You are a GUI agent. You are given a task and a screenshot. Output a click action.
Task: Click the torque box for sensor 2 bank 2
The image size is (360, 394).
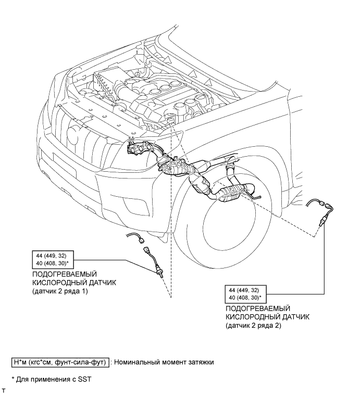click(x=245, y=294)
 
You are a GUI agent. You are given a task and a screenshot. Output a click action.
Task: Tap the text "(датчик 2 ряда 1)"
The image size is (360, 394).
click(x=60, y=291)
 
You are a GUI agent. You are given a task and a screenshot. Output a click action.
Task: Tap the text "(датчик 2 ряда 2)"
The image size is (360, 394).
click(x=253, y=326)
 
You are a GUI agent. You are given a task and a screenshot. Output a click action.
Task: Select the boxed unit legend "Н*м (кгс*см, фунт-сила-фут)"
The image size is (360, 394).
click(x=60, y=362)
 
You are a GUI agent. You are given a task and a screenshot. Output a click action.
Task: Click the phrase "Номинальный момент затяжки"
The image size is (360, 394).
click(x=165, y=362)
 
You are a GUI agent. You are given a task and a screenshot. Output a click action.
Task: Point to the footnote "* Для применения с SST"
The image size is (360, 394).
click(x=52, y=379)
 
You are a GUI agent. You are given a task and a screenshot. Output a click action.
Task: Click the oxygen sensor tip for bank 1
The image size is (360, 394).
click(x=162, y=275)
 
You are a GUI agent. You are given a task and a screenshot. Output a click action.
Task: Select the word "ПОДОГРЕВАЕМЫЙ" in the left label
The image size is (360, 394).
click(x=65, y=274)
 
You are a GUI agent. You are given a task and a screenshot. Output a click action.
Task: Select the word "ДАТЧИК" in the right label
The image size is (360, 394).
click(x=296, y=317)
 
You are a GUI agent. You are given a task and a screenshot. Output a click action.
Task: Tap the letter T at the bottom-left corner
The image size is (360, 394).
click(x=3, y=390)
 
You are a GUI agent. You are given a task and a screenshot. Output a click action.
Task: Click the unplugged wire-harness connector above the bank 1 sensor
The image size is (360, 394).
click(x=141, y=240)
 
